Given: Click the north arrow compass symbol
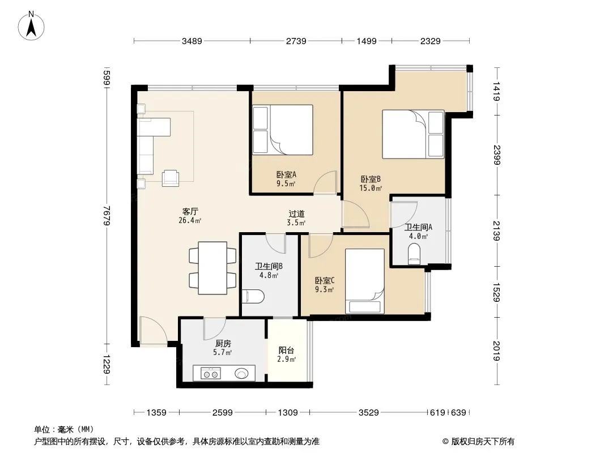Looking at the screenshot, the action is tap(31, 26).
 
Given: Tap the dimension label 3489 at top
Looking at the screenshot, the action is tap(192, 41).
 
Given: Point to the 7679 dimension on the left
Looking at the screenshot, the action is tap(107, 216).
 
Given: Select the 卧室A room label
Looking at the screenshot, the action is tap(286, 175).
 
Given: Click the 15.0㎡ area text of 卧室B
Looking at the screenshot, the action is tap(371, 188).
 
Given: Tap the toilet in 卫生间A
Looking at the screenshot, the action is tap(414, 253).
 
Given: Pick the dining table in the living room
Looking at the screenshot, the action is tap(212, 268).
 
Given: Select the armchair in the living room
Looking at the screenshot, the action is tap(170, 178).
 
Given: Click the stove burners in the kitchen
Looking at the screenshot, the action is tap(211, 373).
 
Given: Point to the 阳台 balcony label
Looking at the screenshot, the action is tap(286, 351).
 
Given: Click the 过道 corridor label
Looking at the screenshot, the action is tap(296, 213).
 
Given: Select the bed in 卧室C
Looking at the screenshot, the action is tap(365, 281).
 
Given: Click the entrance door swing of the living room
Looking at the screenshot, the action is tap(154, 330).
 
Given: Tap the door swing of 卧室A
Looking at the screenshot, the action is tap(325, 182).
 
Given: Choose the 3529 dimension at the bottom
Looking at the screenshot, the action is tap(369, 413).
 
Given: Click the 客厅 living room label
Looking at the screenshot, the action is tap(190, 211).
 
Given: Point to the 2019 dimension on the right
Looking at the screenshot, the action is tap(496, 351).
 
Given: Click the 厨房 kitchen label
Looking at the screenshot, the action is tap(223, 343).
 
